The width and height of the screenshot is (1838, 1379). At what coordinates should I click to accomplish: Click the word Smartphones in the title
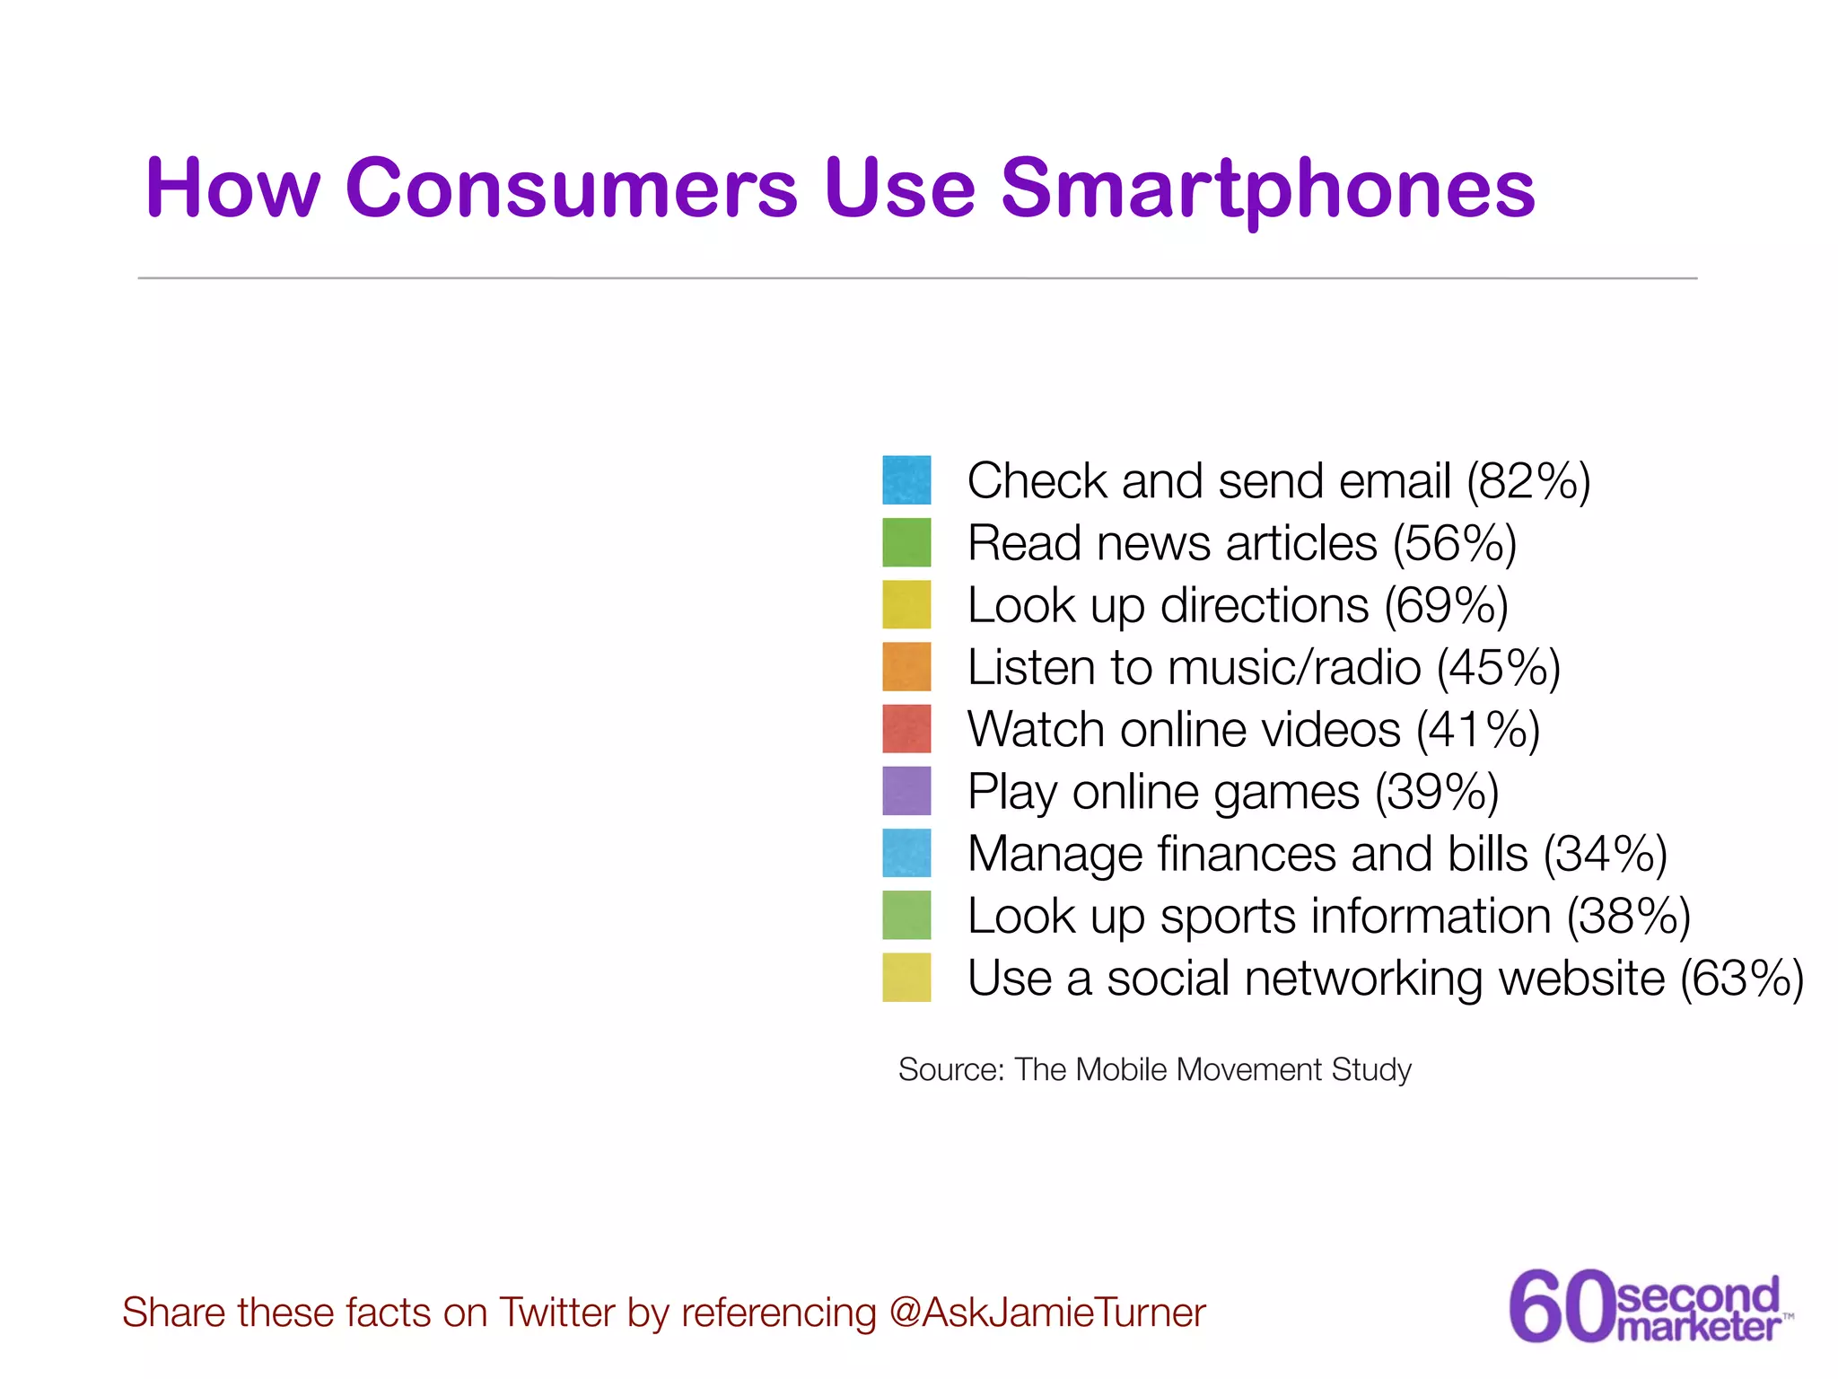[x=1267, y=190]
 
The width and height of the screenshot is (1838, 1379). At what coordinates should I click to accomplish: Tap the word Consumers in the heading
[x=571, y=189]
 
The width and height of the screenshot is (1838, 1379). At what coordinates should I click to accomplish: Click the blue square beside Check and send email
[x=906, y=480]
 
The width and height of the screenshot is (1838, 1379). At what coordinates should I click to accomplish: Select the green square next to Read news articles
[x=906, y=542]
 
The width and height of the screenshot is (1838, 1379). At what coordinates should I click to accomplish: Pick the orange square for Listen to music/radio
[x=906, y=667]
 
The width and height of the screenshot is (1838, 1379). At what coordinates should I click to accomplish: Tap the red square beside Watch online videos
[x=906, y=729]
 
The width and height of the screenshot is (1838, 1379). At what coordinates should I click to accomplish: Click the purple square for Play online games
[x=906, y=791]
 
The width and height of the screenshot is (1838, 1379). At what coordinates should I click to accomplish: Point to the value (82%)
[x=1528, y=481]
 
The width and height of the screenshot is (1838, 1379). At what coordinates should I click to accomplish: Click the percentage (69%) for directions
[x=1446, y=606]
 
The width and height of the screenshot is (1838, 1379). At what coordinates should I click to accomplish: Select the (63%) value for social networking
[x=1741, y=979]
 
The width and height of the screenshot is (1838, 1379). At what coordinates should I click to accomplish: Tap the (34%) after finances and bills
[x=1605, y=855]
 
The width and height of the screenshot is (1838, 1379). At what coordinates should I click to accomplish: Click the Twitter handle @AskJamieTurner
[x=1046, y=1313]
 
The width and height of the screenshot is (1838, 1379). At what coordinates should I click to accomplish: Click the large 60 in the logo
[x=1561, y=1306]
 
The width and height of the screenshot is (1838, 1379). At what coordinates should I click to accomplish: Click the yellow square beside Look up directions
[x=906, y=604]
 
